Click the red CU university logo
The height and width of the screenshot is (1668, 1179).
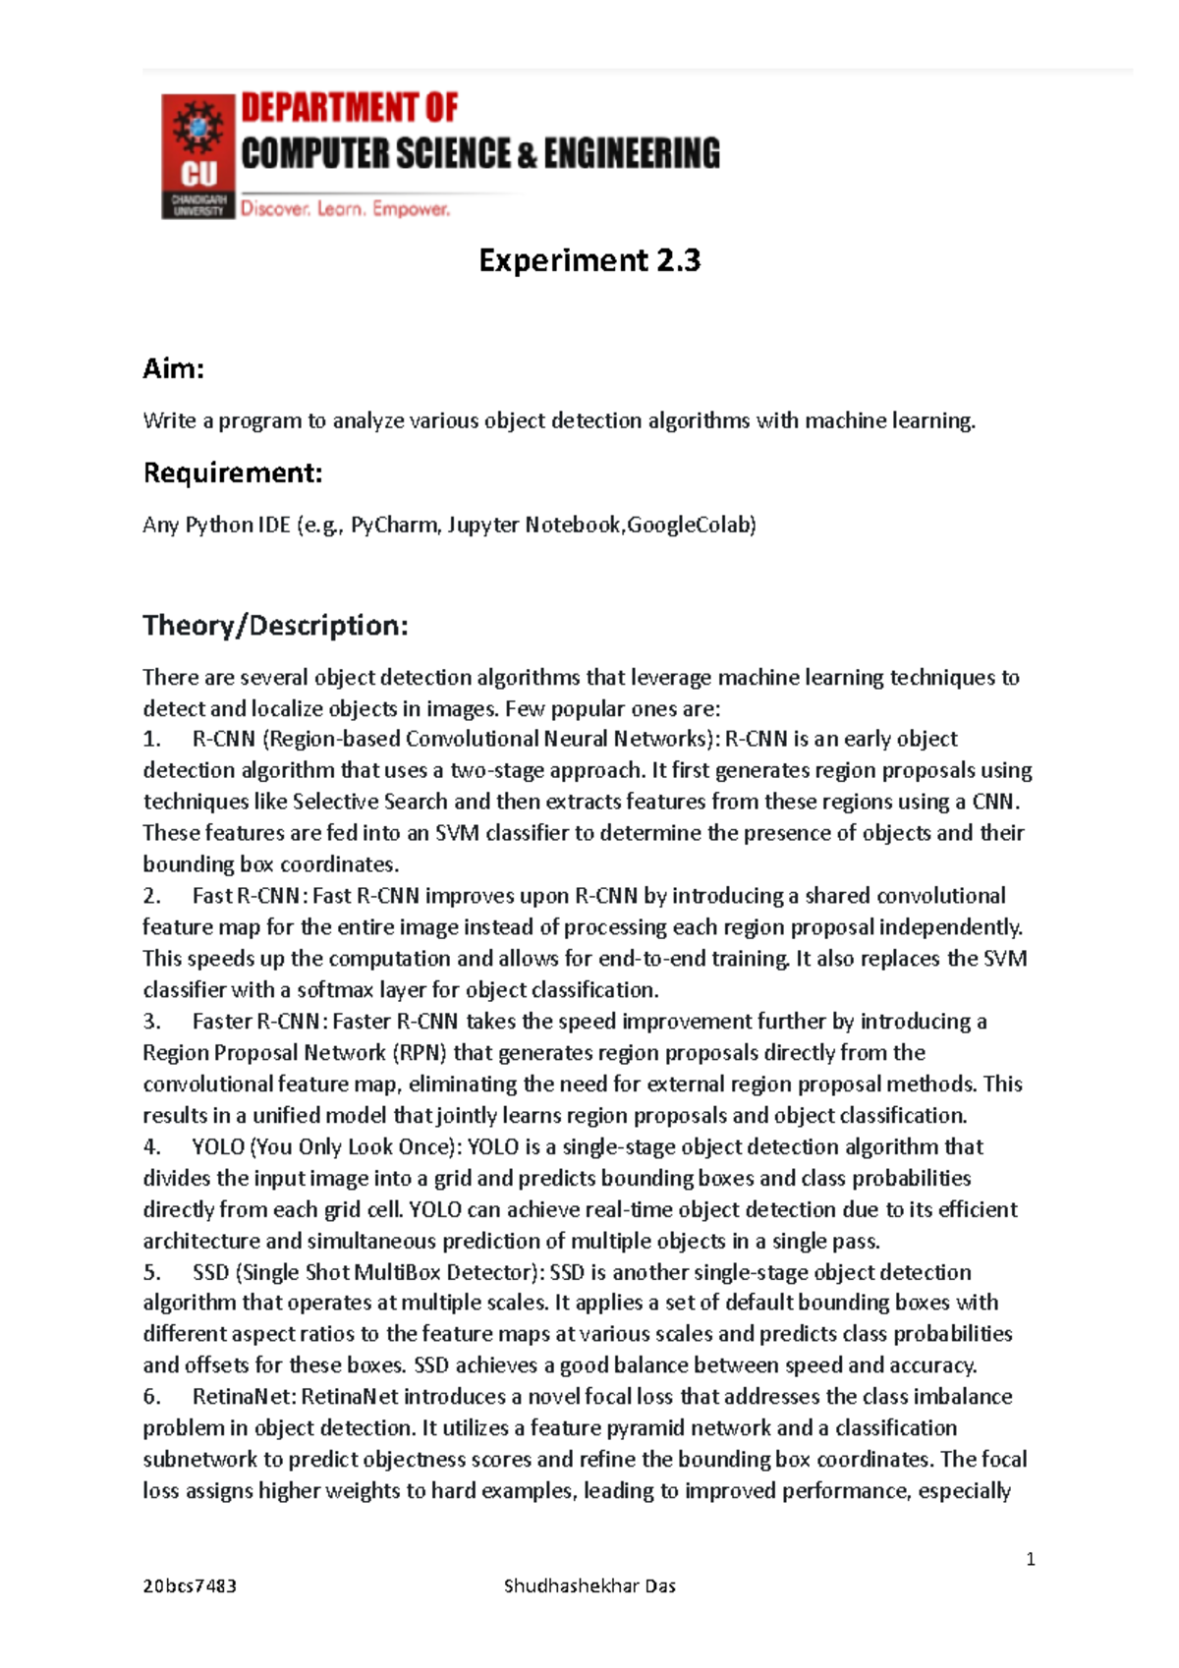pyautogui.click(x=197, y=156)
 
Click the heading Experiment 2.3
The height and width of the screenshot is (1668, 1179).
pyautogui.click(x=589, y=260)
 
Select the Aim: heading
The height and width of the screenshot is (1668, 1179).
pyautogui.click(x=174, y=368)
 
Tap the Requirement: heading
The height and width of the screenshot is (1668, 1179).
pyautogui.click(x=233, y=473)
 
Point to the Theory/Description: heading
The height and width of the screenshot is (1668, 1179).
pyautogui.click(x=275, y=626)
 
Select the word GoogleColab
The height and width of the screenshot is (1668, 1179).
pyautogui.click(x=691, y=525)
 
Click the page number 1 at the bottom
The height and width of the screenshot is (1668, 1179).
pyautogui.click(x=1030, y=1559)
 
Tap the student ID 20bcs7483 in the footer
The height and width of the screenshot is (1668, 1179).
pyautogui.click(x=190, y=1585)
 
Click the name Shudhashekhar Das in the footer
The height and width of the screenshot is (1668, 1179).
pyautogui.click(x=589, y=1585)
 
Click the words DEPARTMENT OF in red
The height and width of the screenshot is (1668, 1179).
pyautogui.click(x=350, y=107)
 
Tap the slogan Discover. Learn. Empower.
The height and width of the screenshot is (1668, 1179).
pyautogui.click(x=346, y=209)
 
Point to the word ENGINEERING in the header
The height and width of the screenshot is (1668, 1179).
pyautogui.click(x=632, y=153)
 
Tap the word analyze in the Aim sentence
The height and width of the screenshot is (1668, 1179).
pyautogui.click(x=368, y=421)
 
